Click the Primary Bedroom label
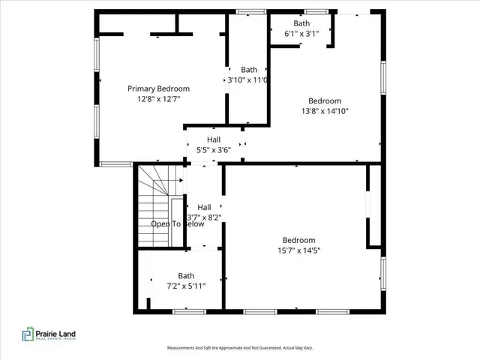158,88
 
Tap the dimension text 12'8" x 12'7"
158,98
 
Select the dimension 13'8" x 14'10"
325,111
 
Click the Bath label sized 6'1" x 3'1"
301,23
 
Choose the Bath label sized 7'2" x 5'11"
186,275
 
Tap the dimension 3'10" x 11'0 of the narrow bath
248,80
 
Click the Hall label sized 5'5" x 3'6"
214,139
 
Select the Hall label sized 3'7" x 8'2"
204,207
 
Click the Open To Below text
177,223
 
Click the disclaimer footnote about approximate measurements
239,348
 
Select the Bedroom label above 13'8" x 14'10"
325,101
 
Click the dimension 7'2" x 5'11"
186,286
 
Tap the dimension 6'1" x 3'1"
301,34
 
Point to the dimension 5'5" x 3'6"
214,150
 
